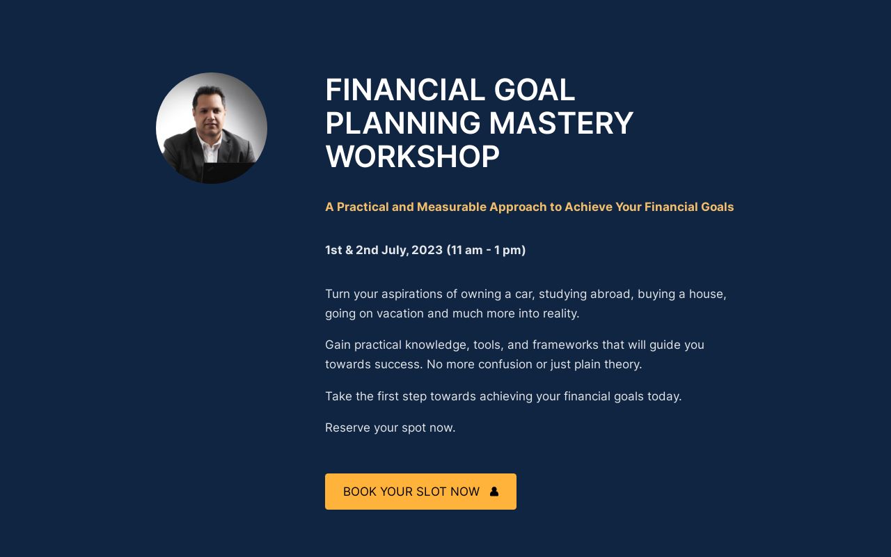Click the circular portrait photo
pyautogui.click(x=212, y=128)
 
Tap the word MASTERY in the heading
pyautogui.click(x=561, y=124)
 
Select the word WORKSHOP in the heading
pyautogui.click(x=412, y=157)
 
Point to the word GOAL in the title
pyautogui.click(x=535, y=91)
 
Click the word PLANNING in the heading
pyautogui.click(x=402, y=124)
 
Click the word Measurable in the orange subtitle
pyautogui.click(x=451, y=207)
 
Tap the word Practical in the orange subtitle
pyautogui.click(x=363, y=207)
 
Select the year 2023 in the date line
pyautogui.click(x=427, y=250)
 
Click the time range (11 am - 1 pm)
pyautogui.click(x=486, y=250)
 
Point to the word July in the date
pyautogui.click(x=395, y=250)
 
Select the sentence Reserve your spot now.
pyautogui.click(x=390, y=427)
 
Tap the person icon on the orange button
pyautogui.click(x=494, y=492)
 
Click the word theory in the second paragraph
pyautogui.click(x=623, y=364)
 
